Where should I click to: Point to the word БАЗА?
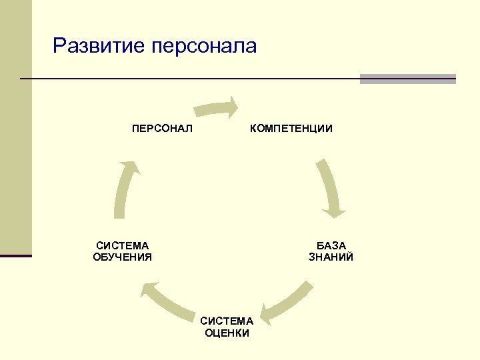click(x=331, y=245)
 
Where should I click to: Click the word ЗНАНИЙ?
click(x=331, y=257)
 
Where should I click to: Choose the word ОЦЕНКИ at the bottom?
click(x=227, y=333)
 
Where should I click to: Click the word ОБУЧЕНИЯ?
click(x=123, y=257)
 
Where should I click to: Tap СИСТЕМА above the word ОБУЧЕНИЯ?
click(x=123, y=245)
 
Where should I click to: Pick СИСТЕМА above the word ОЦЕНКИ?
click(x=227, y=321)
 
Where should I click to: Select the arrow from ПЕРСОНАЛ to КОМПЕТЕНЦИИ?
click(x=215, y=108)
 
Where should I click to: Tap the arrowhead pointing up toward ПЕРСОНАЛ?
click(x=134, y=167)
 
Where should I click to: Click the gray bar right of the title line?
click(x=407, y=79)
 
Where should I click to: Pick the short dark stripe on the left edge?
click(x=16, y=255)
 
